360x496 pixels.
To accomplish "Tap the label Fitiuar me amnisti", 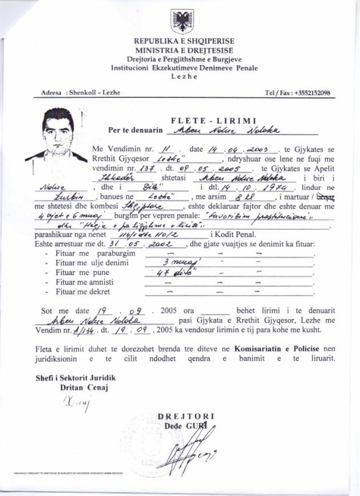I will click(x=91, y=282).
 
